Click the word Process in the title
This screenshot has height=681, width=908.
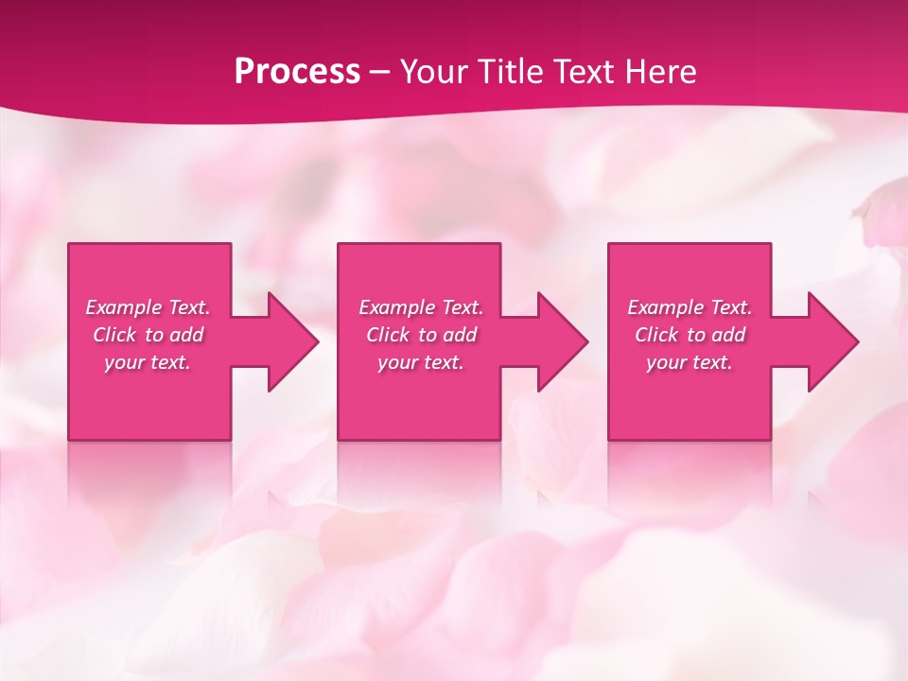pyautogui.click(x=297, y=71)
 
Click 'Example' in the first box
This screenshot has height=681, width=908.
pyautogui.click(x=123, y=307)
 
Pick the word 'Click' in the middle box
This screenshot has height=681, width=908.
pyautogui.click(x=387, y=335)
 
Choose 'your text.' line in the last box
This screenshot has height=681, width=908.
pyautogui.click(x=689, y=362)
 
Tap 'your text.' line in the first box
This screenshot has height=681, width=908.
pyautogui.click(x=148, y=362)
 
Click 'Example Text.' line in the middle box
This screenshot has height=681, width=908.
pyautogui.click(x=420, y=307)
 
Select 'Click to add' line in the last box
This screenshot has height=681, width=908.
pyautogui.click(x=690, y=335)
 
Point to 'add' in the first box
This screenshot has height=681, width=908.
pyautogui.click(x=186, y=335)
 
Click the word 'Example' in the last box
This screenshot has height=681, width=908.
pyautogui.click(x=665, y=307)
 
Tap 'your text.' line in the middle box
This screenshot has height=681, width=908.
pyautogui.click(x=420, y=362)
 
